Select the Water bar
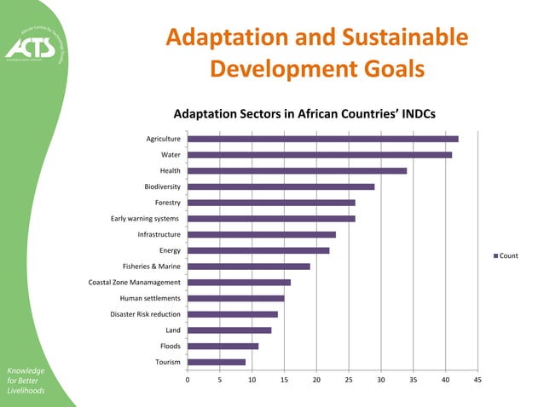tap(320, 155)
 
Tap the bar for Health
tap(297, 170)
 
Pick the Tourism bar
tap(217, 362)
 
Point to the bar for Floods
tap(223, 346)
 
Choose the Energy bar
tap(258, 250)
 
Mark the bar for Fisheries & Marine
tap(248, 267)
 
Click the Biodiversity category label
tap(162, 186)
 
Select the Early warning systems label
tap(145, 219)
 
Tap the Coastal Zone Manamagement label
tap(135, 283)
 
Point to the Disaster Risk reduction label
tap(145, 314)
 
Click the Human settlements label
tap(150, 298)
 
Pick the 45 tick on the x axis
tap(477, 381)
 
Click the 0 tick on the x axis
tap(188, 381)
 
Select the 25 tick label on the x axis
tap(349, 381)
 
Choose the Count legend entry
tap(506, 255)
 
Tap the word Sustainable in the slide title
tap(399, 38)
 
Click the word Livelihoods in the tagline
tap(26, 392)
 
